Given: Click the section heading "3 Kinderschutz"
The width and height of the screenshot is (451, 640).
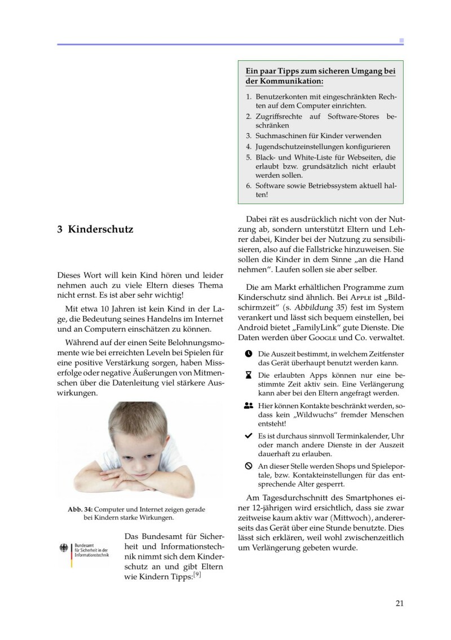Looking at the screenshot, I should point(95,229).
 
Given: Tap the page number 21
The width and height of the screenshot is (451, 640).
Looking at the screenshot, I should point(399,603).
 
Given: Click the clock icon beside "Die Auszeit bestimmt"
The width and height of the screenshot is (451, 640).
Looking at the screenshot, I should point(248,353).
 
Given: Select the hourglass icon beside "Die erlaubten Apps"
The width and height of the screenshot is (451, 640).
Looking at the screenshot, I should point(248,375).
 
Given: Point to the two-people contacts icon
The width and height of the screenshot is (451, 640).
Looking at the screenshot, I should point(248,405).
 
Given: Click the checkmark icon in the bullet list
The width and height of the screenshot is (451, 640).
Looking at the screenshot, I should point(248,436).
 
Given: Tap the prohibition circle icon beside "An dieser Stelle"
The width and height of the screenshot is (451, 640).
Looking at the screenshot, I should point(248,466).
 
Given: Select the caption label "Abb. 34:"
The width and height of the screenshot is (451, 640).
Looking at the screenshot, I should point(79,509).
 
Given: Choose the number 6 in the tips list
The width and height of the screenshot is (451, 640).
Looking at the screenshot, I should point(248,185).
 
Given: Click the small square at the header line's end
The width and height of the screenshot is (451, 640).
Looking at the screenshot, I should point(401,41).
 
